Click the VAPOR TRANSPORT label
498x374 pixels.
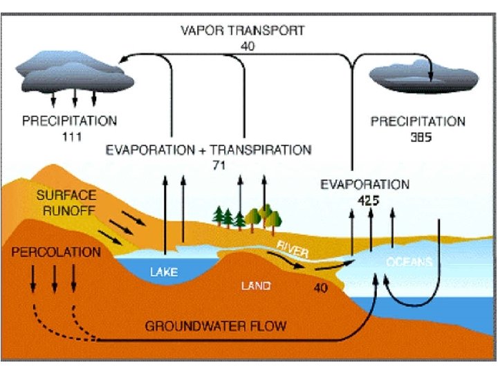(242, 31)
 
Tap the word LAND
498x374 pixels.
(255, 285)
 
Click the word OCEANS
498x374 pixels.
(409, 262)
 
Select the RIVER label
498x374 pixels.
(293, 249)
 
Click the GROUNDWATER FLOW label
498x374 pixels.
(215, 325)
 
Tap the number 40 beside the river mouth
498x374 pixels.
(321, 286)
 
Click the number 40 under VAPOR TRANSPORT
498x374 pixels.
(248, 46)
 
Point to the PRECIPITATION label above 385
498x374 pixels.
(418, 121)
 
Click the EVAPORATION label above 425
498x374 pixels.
(365, 185)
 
